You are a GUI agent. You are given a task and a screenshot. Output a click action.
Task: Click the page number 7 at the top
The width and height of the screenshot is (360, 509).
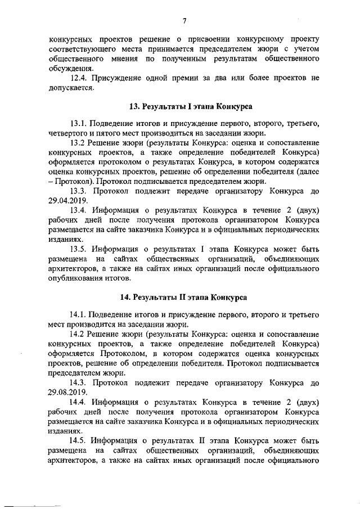point(184,21)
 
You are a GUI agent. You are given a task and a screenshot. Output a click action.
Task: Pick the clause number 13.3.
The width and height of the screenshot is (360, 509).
point(79,191)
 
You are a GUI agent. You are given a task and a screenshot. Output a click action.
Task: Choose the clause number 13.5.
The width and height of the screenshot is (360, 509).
point(79,250)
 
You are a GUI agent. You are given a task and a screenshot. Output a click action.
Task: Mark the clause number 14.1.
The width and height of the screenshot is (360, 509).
point(79,313)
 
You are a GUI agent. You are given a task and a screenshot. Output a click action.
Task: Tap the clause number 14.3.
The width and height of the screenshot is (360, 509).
point(79,382)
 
